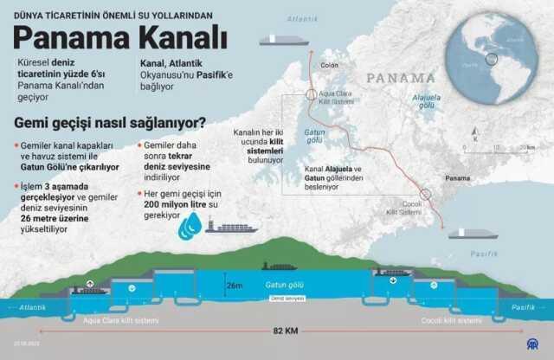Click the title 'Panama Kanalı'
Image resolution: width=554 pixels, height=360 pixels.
pyautogui.click(x=121, y=38)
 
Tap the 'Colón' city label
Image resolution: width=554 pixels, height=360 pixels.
pyautogui.click(x=330, y=64)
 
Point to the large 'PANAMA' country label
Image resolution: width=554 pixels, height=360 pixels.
pyautogui.click(x=400, y=78)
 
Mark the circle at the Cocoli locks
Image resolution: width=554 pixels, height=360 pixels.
pyautogui.click(x=424, y=195)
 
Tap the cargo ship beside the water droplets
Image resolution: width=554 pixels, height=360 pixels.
pyautogui.click(x=231, y=228)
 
